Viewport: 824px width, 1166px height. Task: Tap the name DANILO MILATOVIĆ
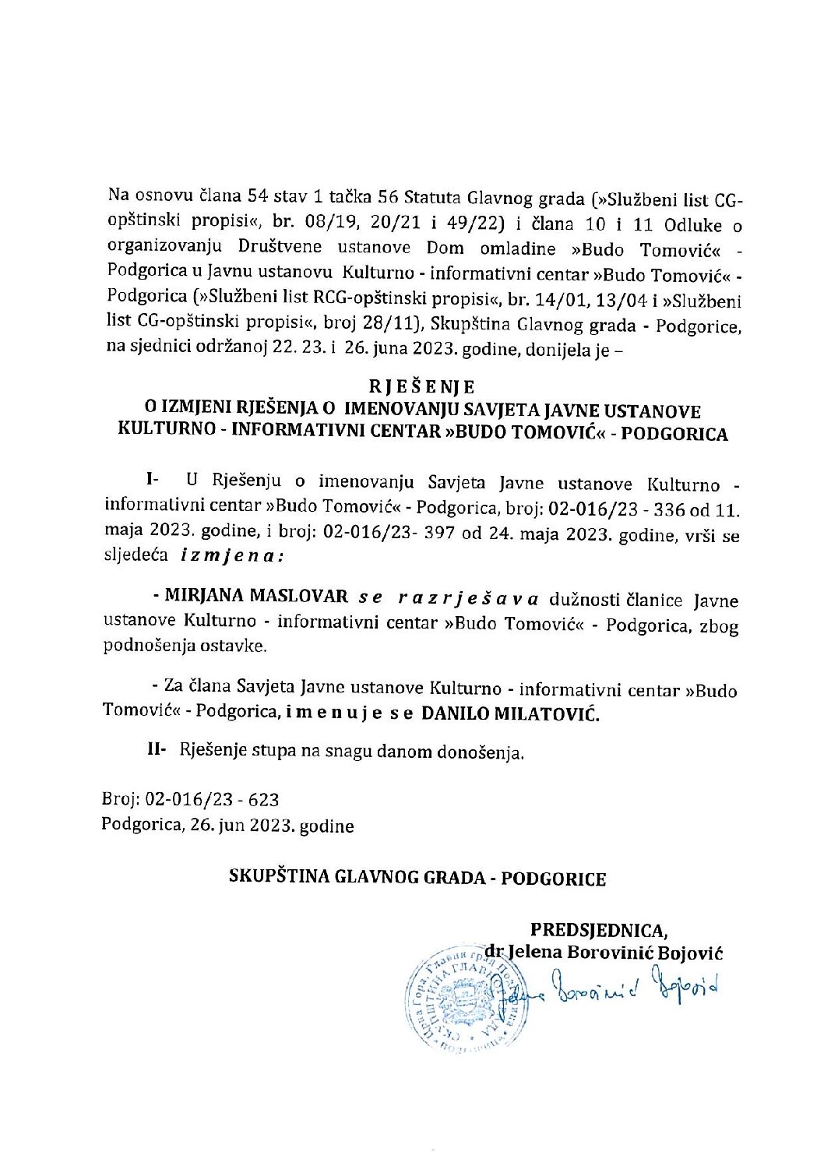point(510,713)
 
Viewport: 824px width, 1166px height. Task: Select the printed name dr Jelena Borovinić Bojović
point(604,951)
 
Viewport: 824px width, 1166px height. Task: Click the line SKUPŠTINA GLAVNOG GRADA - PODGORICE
point(417,879)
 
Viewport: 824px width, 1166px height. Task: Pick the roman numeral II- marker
point(158,750)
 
